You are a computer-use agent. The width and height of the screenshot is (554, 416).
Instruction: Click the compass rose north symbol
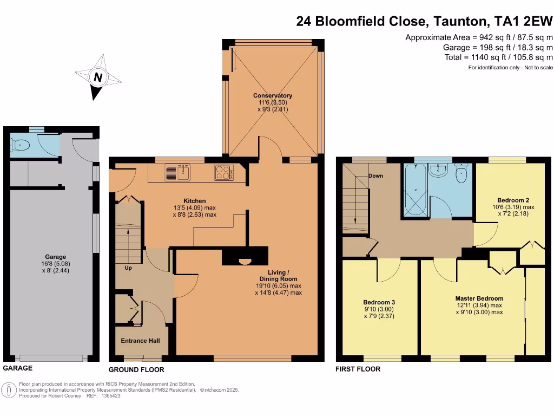click(98, 78)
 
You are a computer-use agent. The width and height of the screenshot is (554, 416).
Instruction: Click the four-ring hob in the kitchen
click(224, 172)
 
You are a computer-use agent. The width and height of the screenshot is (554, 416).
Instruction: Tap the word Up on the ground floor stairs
click(128, 268)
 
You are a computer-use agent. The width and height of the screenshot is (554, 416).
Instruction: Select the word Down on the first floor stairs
click(376, 176)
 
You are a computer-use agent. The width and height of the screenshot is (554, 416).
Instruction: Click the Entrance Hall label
click(140, 341)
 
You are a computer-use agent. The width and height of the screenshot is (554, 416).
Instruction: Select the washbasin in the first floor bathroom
click(438, 171)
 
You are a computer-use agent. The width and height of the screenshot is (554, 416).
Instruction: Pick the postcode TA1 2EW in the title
click(523, 21)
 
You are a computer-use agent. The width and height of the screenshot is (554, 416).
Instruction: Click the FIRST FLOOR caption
click(358, 369)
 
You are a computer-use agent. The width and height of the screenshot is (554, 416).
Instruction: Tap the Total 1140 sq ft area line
click(498, 57)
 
